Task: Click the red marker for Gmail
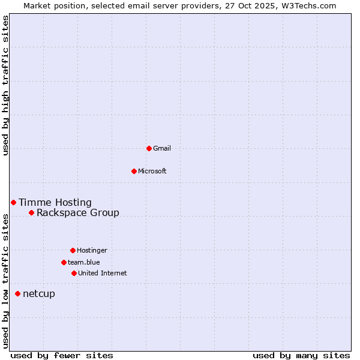(x=149, y=148)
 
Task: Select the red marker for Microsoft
(x=134, y=171)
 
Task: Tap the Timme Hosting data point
(x=13, y=202)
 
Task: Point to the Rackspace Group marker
(x=31, y=212)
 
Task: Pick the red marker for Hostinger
(x=73, y=250)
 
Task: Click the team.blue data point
(x=64, y=262)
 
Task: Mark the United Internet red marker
(x=74, y=273)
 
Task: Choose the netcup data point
(x=17, y=293)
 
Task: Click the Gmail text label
(x=162, y=148)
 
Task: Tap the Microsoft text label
(x=152, y=171)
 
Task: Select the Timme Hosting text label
(x=55, y=203)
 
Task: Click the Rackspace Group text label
(x=78, y=212)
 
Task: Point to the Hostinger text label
(x=92, y=250)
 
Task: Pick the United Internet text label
(x=103, y=273)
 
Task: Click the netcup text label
(x=39, y=293)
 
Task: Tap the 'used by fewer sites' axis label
(x=62, y=355)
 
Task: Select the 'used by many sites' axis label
(x=301, y=355)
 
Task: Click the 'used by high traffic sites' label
(x=5, y=85)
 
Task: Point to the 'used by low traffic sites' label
(x=5, y=280)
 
